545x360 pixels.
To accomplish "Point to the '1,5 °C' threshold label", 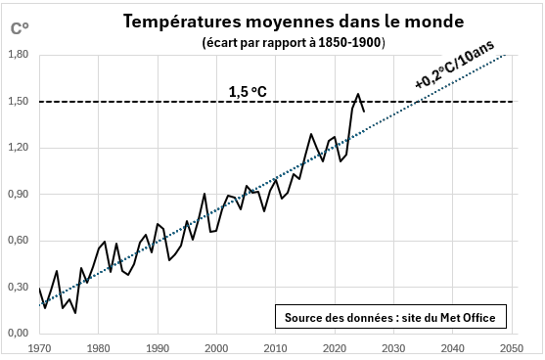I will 249,92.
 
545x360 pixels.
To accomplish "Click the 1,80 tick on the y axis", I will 19,56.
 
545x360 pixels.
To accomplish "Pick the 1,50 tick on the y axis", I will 19,102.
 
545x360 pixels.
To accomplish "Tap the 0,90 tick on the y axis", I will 19,195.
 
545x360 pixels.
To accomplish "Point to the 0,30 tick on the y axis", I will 19,288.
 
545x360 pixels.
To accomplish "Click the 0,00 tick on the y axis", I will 19,334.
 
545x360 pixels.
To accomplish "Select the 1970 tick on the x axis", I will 40,347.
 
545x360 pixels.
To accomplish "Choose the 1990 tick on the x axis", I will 158,347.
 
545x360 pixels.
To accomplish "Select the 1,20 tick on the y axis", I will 19,149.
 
